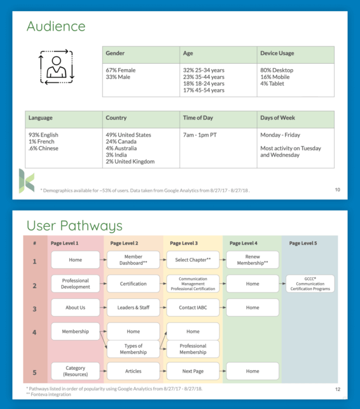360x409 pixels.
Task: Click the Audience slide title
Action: (x=56, y=26)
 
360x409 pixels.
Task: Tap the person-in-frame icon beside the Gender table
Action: (x=56, y=66)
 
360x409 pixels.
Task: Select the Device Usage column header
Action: (x=277, y=53)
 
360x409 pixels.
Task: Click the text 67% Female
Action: (x=121, y=70)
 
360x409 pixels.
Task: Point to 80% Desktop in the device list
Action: (x=277, y=70)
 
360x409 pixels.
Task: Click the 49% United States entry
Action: (x=128, y=135)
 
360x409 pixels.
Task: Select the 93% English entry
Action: (x=43, y=135)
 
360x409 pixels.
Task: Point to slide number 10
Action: (x=337, y=189)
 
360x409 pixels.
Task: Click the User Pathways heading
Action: (x=74, y=226)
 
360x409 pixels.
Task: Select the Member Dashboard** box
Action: (x=133, y=260)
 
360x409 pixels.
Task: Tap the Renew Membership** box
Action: (x=252, y=260)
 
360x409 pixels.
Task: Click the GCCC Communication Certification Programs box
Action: (x=310, y=284)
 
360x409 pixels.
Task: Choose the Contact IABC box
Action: (x=193, y=307)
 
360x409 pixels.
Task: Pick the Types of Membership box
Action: (x=133, y=349)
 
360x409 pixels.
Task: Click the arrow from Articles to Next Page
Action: (x=163, y=371)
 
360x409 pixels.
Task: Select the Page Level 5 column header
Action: (x=303, y=243)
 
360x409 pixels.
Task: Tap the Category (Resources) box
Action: (x=76, y=371)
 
